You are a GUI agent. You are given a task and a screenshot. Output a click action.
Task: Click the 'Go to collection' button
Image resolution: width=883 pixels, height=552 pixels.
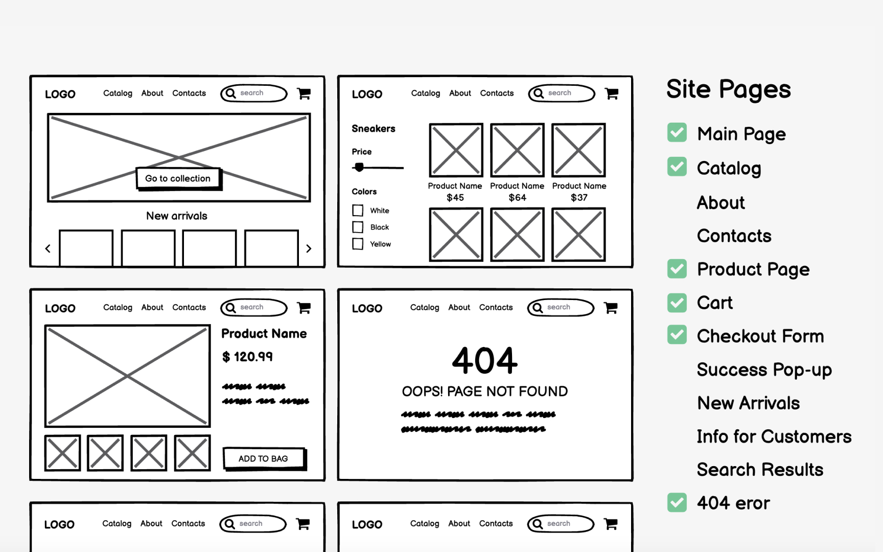[x=178, y=178]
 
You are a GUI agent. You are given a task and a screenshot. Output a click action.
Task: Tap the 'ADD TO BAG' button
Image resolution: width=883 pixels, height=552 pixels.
[x=263, y=458]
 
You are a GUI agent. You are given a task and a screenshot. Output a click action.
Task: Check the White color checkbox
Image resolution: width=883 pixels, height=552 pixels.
[x=358, y=211]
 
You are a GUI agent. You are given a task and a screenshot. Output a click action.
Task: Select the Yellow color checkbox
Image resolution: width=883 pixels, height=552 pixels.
[x=358, y=244]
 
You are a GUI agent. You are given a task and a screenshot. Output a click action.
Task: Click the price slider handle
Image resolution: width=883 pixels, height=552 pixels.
[x=359, y=167]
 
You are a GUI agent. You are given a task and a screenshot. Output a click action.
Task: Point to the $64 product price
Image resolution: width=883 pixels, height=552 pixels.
[x=517, y=198]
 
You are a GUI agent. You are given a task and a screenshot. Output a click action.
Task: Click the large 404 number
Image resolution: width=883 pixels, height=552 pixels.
[x=484, y=360]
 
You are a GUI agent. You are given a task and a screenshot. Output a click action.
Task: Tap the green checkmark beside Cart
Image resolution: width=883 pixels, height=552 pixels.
[x=677, y=303]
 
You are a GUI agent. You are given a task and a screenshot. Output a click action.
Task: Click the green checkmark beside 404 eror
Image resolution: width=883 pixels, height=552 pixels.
[x=677, y=502]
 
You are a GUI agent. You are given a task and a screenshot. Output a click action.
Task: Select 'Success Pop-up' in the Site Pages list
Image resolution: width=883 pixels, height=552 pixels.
[x=764, y=370]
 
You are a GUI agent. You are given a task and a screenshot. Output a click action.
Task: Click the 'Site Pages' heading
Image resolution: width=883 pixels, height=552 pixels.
[x=728, y=89]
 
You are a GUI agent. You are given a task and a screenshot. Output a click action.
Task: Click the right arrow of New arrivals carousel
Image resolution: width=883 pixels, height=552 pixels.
[x=309, y=248]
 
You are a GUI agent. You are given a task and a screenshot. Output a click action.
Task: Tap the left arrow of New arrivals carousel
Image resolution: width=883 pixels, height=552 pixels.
[x=48, y=248]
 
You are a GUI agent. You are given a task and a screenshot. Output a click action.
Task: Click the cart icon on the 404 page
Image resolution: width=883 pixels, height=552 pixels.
[x=611, y=308]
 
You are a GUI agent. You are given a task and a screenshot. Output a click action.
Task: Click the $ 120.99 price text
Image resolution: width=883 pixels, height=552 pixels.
[x=247, y=357]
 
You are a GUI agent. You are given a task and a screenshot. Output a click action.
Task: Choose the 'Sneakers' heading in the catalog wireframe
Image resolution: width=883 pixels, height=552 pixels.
[x=374, y=129]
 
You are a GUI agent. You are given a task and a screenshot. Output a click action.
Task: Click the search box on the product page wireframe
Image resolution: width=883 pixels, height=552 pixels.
[x=254, y=307]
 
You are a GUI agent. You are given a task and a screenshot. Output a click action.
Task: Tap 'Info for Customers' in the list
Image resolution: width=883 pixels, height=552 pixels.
[x=774, y=436]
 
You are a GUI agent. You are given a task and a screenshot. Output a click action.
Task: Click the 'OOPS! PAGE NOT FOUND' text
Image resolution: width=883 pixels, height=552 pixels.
[x=484, y=392]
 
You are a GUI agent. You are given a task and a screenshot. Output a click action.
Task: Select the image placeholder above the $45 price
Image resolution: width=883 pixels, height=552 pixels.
[x=456, y=150]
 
